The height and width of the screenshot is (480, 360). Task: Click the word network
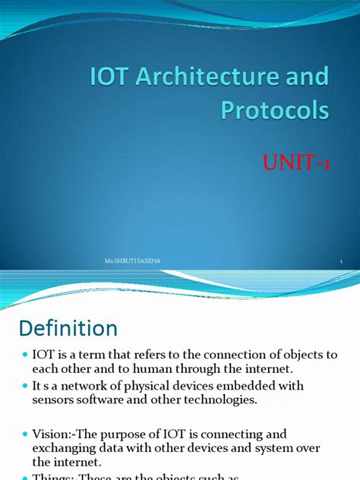pyautogui.click(x=93, y=386)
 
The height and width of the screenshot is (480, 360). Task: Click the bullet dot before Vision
pyautogui.click(x=25, y=435)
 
